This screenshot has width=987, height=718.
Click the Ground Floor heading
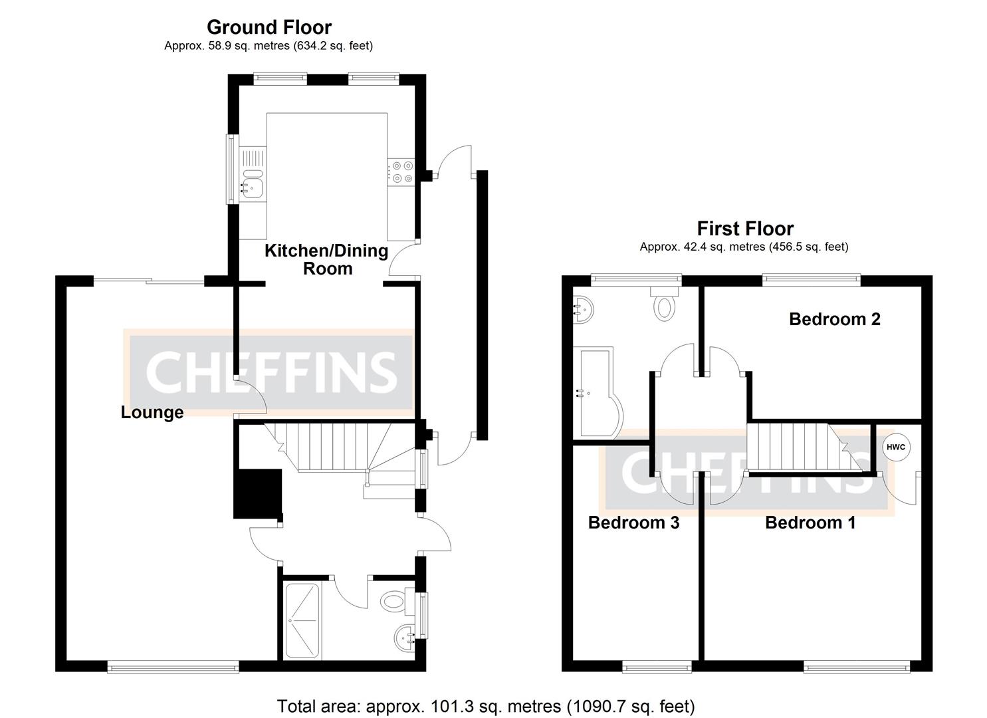pyautogui.click(x=269, y=27)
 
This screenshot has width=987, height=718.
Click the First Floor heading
pyautogui.click(x=744, y=229)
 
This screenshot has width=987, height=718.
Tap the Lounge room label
pyautogui.click(x=152, y=412)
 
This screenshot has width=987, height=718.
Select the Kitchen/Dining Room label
pyautogui.click(x=326, y=259)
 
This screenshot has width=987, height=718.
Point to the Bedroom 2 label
pyautogui.click(x=834, y=319)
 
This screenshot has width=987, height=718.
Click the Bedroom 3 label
pyautogui.click(x=633, y=523)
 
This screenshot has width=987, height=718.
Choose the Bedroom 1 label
pyautogui.click(x=810, y=523)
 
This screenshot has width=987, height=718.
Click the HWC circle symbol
pyautogui.click(x=895, y=447)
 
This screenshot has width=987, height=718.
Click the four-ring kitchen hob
pyautogui.click(x=401, y=172)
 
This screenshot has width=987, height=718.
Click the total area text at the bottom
pyautogui.click(x=485, y=705)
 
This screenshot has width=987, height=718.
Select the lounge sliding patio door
pyautogui.click(x=148, y=282)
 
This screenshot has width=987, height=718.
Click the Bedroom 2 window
pyautogui.click(x=811, y=280)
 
